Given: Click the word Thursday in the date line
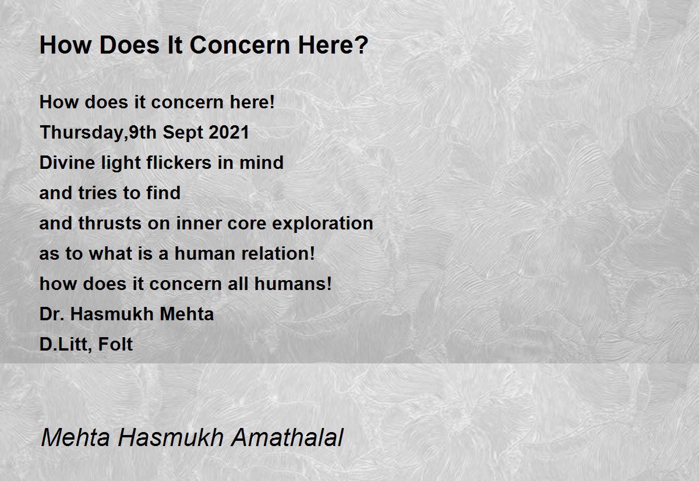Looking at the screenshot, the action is (82, 133).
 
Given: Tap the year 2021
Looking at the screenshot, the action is (229, 132).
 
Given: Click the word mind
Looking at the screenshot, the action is (262, 162).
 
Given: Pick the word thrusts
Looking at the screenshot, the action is (110, 223).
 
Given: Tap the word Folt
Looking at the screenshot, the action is (115, 344).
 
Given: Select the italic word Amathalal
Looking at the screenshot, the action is (287, 437).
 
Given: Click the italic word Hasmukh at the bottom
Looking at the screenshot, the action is (171, 437).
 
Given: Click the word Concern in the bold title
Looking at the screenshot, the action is (240, 45).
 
